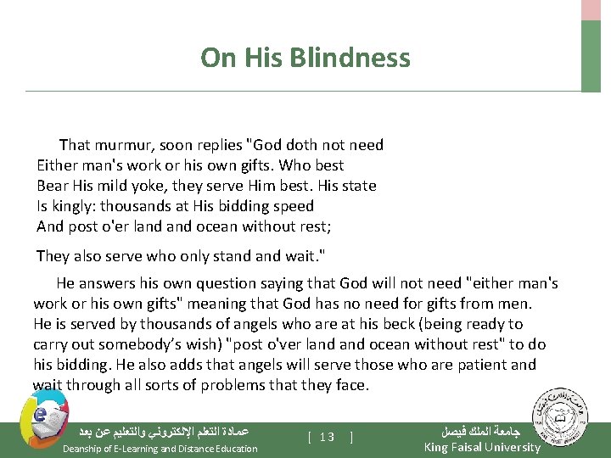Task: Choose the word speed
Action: [x=294, y=206]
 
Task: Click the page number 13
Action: [x=328, y=437]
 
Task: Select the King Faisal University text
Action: [x=482, y=447]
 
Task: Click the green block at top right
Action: [x=591, y=55]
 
